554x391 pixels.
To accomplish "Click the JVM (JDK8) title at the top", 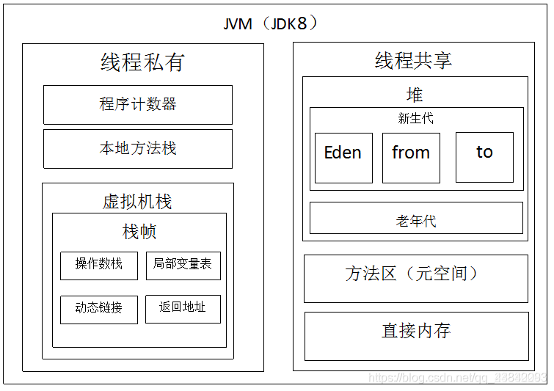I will pos(271,23).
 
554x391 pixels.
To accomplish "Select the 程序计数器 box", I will pos(138,105).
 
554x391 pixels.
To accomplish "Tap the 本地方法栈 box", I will pos(138,149).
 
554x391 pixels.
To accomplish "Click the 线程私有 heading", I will pos(142,63).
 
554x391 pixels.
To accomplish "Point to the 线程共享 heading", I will pos(413,61).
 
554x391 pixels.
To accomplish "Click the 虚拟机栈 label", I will pos(137,202).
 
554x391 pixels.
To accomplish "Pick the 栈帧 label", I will pos(139,233).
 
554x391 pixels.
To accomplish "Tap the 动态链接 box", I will pos(99,309).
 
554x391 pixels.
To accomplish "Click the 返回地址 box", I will pos(183,309).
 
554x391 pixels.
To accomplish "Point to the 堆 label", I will pos(415,95).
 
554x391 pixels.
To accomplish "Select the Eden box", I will pos(343,157).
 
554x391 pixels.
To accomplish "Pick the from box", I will pos(411,157).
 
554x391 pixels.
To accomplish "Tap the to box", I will pos(484,157).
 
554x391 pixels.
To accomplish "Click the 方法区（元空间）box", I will pos(416,278).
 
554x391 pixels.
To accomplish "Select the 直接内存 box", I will pos(416,335).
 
